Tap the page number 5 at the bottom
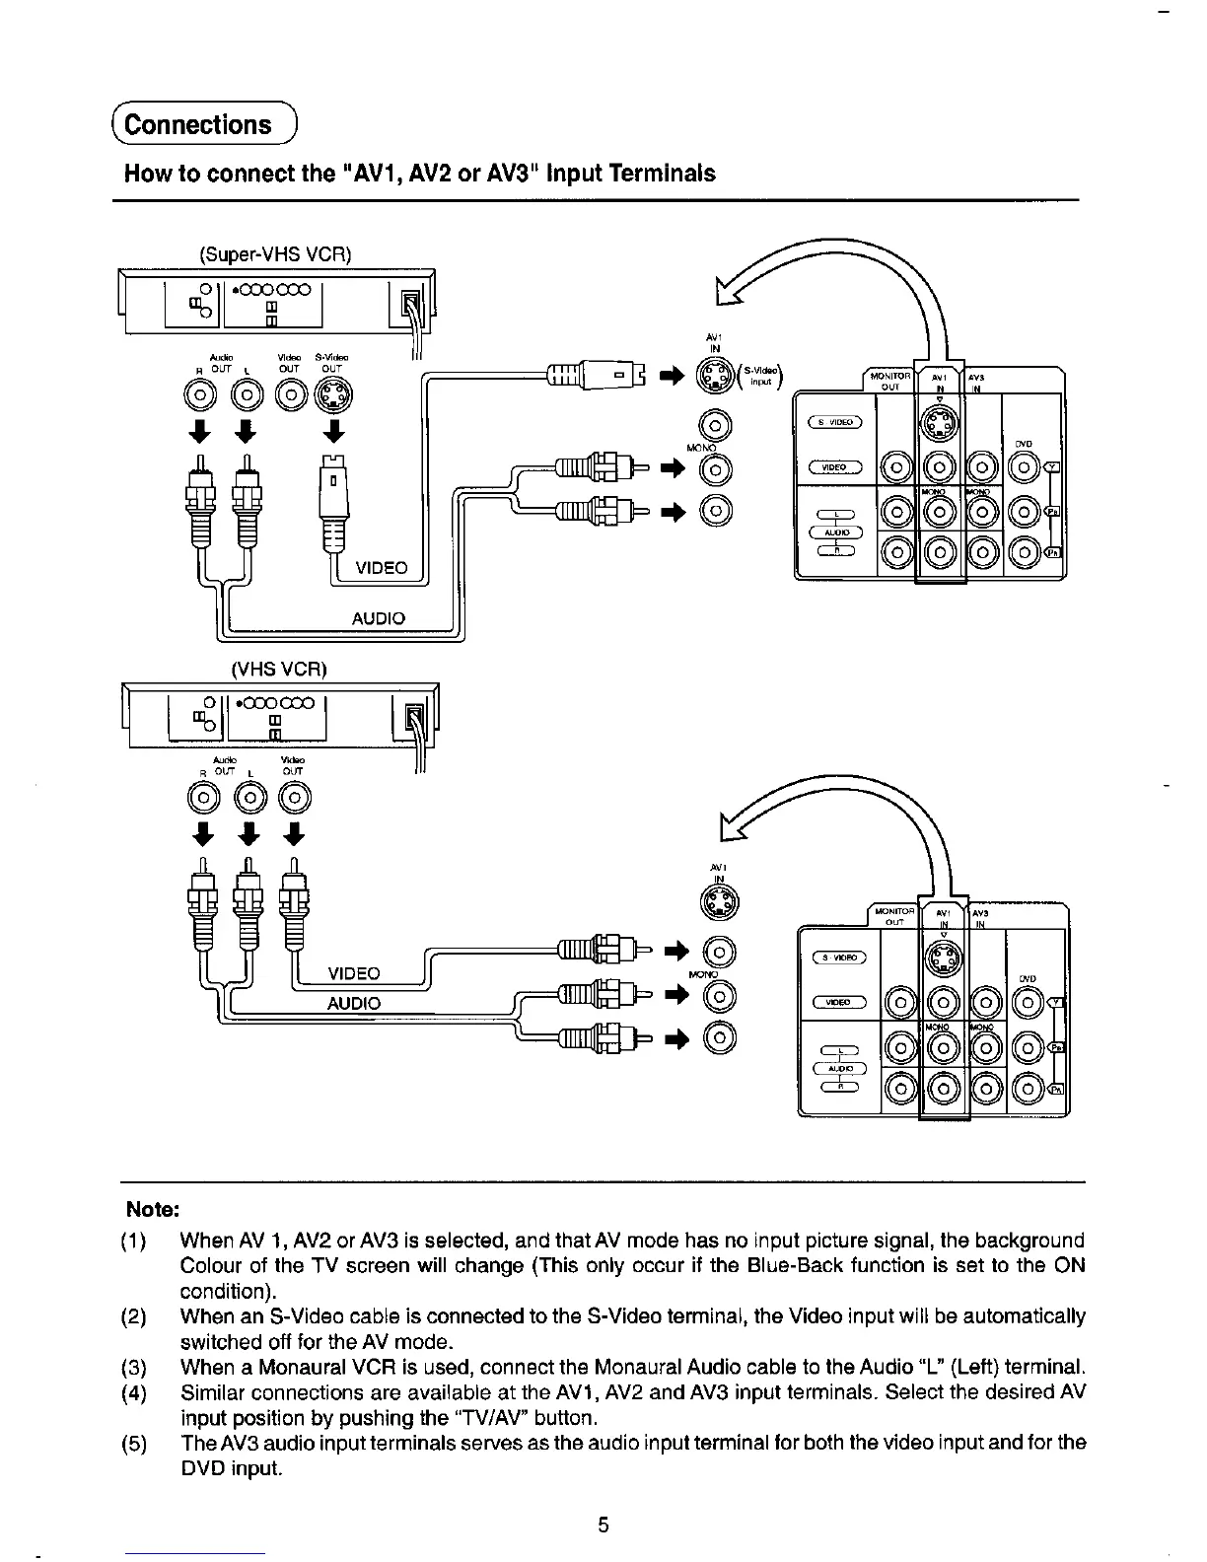pos(603,1526)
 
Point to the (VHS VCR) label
pos(278,669)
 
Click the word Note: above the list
pos(152,1210)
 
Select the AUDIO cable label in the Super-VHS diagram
pos(379,618)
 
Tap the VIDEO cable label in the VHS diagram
pos(353,974)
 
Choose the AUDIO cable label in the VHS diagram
pos(353,1004)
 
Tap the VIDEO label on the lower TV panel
pos(838,1003)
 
